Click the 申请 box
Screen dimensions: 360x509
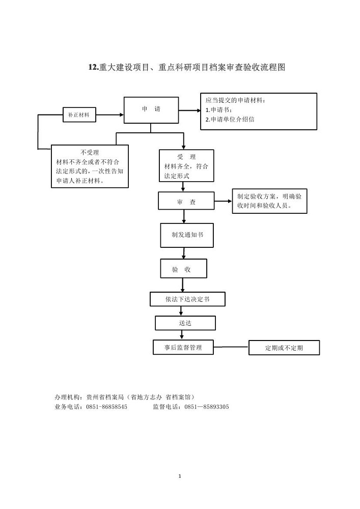151,110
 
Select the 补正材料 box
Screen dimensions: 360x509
79,115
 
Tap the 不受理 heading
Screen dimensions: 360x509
90,152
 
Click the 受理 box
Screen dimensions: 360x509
186,165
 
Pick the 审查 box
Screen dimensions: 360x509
186,201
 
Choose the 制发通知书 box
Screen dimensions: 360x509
187,235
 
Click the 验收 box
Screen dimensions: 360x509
183,268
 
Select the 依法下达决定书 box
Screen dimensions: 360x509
187,299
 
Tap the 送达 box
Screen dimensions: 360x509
185,323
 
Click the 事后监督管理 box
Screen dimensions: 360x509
183,347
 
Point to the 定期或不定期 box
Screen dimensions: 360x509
284,348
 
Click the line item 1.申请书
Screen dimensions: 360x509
219,110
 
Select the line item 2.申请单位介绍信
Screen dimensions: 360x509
230,120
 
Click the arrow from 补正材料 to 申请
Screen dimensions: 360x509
109,115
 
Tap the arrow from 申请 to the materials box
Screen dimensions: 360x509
189,110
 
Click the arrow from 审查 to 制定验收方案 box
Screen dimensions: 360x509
224,201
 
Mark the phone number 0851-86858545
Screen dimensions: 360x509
106,407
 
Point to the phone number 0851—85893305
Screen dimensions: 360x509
206,407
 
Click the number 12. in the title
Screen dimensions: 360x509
94,67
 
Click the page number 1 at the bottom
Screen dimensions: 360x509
180,476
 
